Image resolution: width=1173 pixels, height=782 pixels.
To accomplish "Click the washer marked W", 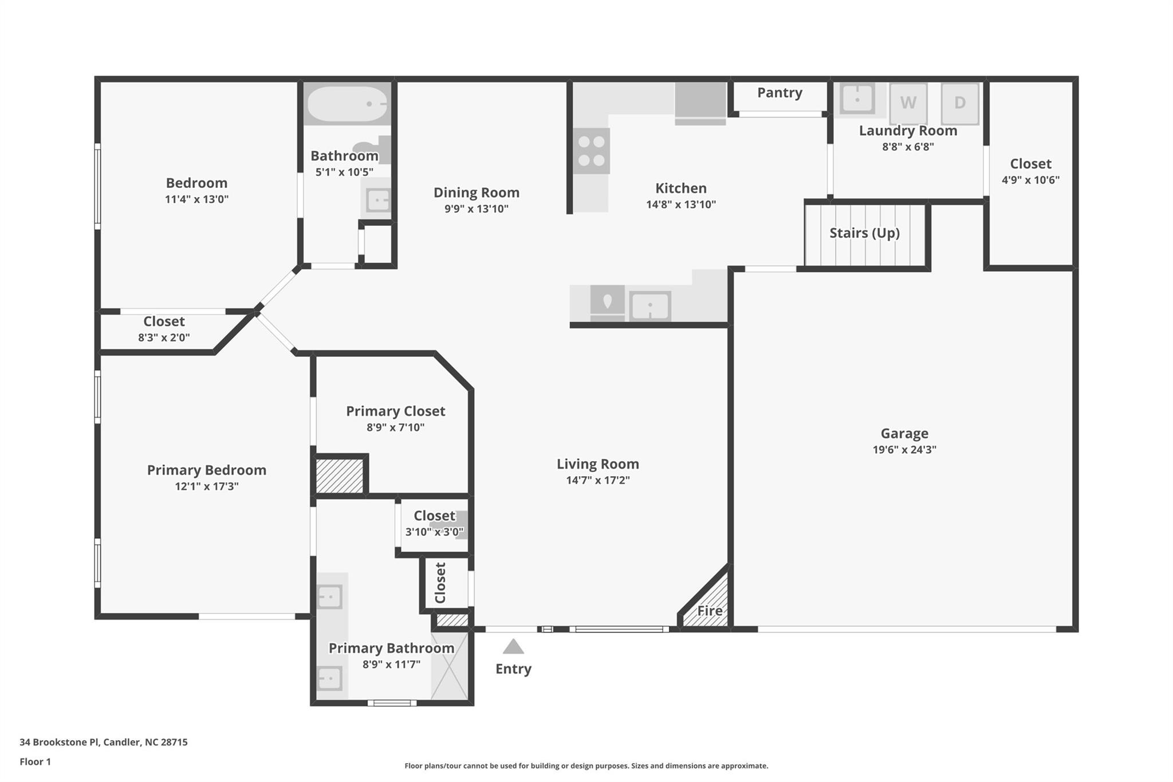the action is point(908,103).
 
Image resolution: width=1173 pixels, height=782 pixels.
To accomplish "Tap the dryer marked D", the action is point(960,103).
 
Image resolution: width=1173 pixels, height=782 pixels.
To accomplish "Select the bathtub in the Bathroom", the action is point(347,104).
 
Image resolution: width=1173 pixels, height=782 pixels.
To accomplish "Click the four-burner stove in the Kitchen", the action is point(592,151).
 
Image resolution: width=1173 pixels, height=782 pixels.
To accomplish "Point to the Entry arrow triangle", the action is point(513,647).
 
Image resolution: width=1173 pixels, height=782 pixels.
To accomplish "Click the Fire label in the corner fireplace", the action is point(710,611).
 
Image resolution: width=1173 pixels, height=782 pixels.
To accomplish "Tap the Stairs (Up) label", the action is point(864,233).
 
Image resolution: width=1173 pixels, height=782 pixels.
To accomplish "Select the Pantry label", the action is point(780,93).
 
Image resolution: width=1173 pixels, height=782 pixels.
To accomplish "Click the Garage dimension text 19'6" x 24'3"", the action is point(904,450).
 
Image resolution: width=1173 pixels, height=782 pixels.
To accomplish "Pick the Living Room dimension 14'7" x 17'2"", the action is point(598,480).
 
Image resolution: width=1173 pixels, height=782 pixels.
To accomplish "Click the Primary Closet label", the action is point(395,411).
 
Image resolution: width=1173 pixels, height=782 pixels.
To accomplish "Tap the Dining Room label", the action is point(476,193).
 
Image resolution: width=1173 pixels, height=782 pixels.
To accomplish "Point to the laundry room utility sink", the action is point(857,99).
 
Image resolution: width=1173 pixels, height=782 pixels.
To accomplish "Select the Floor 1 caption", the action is point(35,761).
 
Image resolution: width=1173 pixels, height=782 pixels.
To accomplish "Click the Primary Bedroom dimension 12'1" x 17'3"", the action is point(207,486).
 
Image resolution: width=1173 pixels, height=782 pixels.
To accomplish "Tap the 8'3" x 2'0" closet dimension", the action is point(164,337).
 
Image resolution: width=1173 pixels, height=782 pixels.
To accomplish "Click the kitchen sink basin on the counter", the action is point(650,306).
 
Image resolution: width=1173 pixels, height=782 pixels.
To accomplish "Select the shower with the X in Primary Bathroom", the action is point(450,665).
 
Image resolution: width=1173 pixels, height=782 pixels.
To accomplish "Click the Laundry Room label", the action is point(908,131).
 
